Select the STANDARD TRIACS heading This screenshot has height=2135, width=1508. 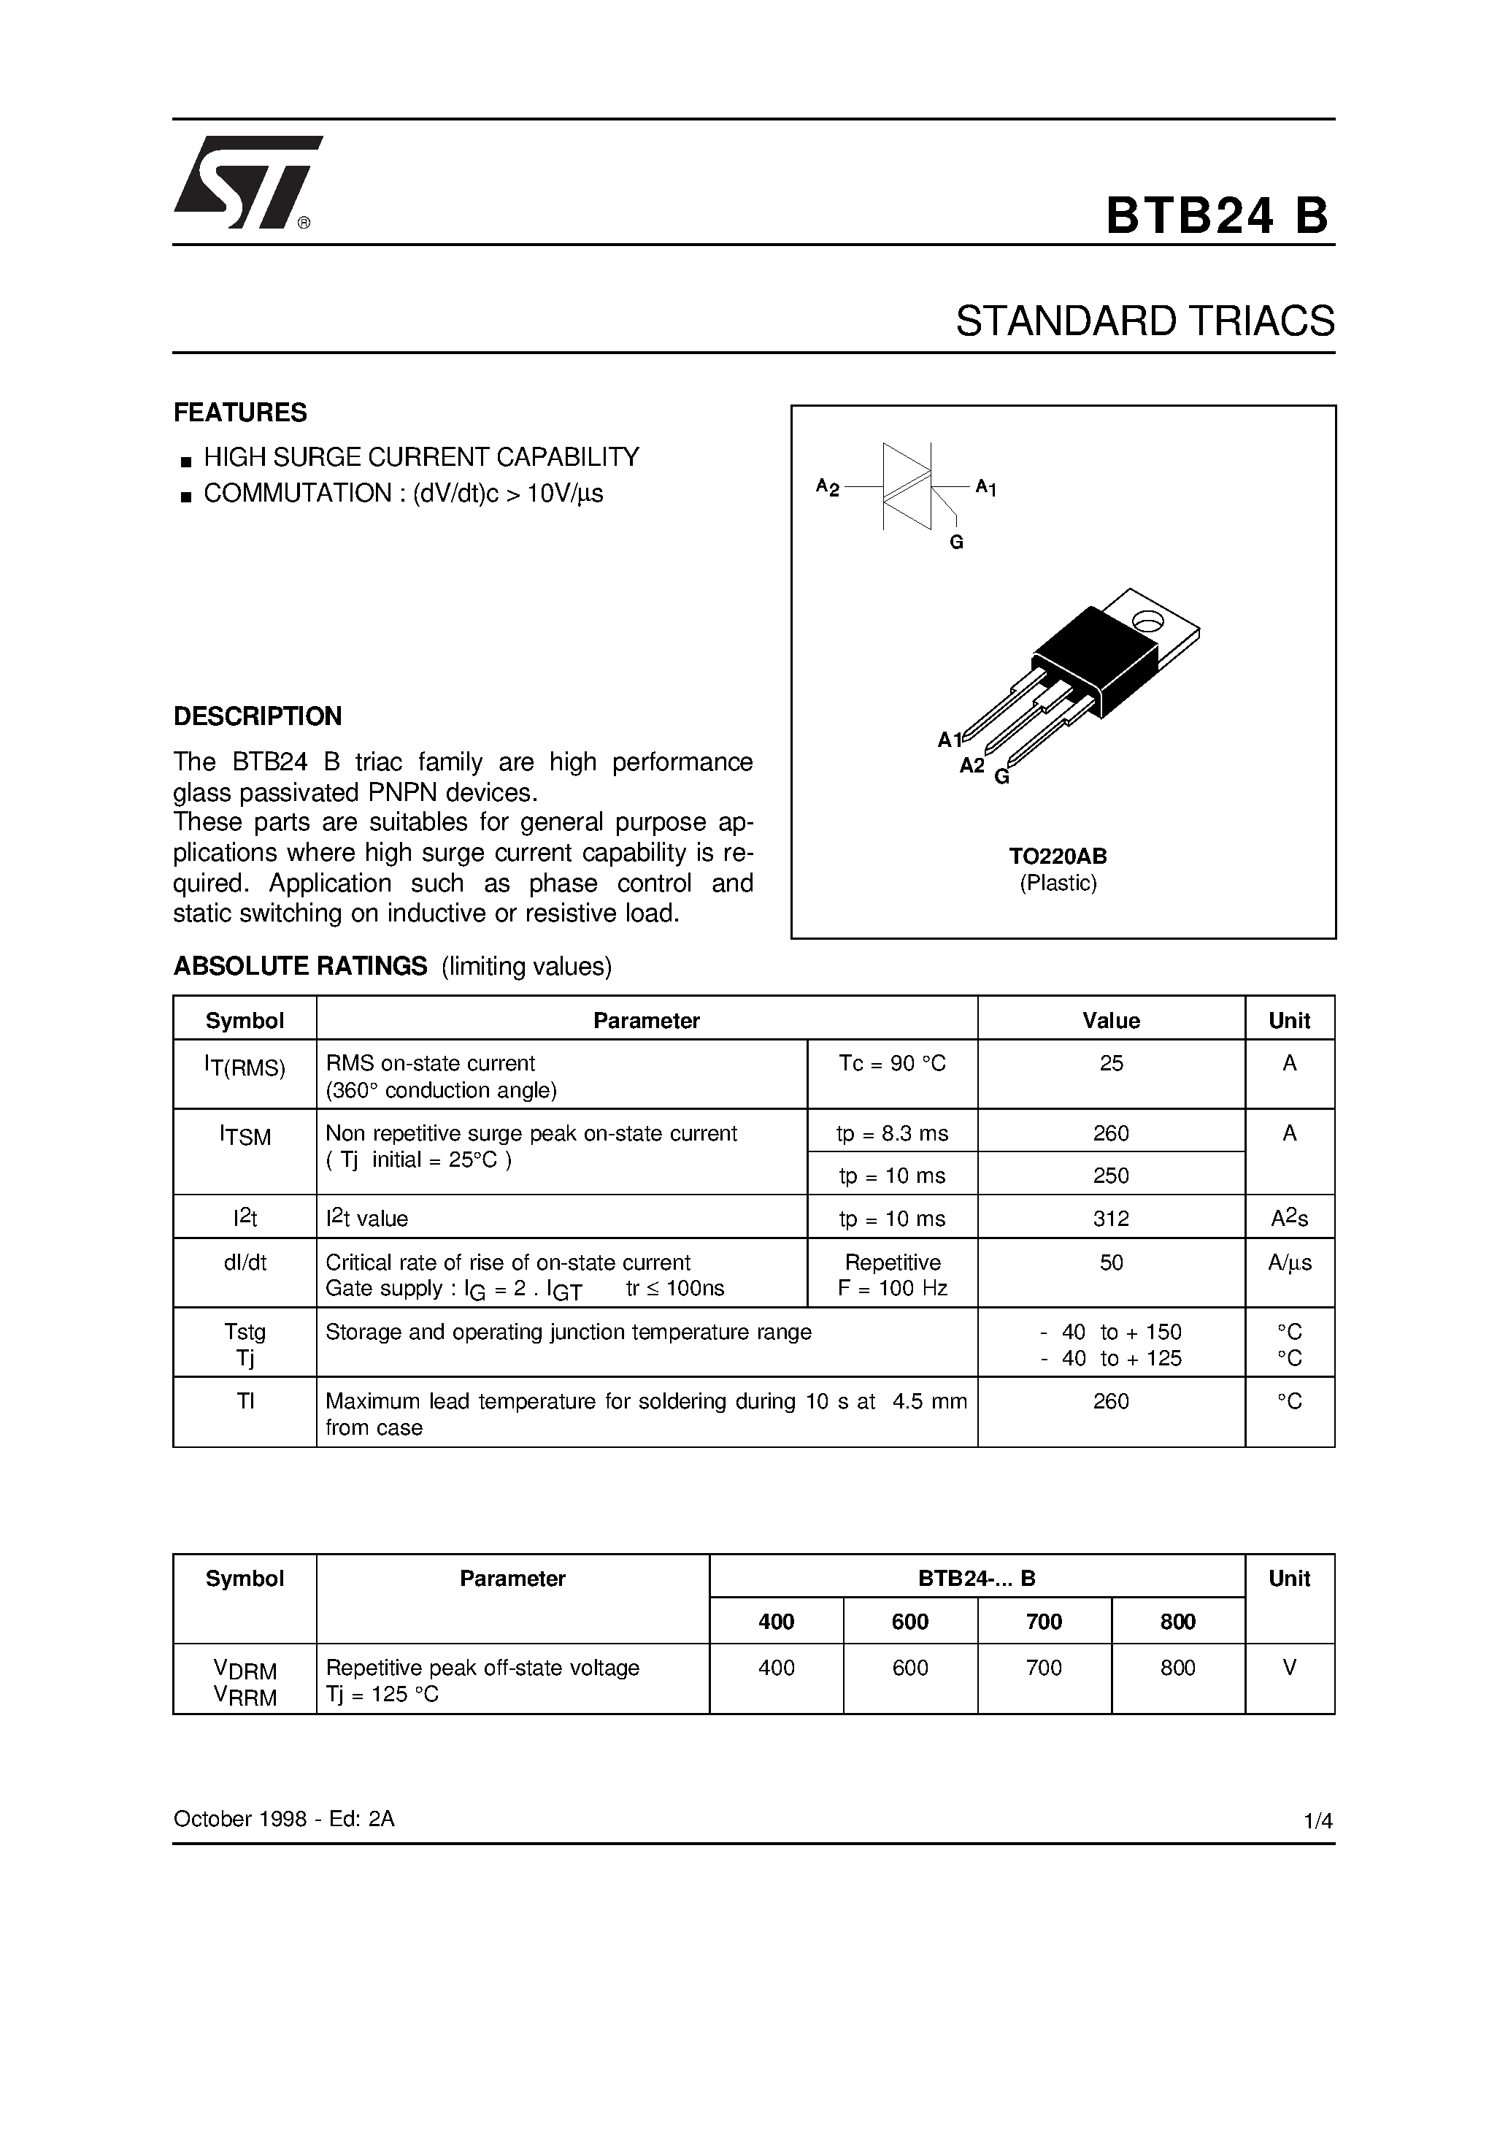coord(1145,321)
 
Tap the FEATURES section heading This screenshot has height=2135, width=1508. coord(240,412)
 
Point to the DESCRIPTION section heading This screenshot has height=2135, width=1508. coord(258,716)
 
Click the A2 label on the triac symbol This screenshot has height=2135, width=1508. coord(826,486)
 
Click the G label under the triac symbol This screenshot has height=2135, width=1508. coord(955,542)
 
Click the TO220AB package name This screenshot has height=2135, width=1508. coord(1058,856)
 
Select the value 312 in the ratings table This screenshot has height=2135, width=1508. coord(1111,1218)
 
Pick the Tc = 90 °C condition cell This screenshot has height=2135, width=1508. coord(892,1063)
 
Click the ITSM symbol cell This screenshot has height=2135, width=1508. coord(245,1135)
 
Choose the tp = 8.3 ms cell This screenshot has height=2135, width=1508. coord(892,1132)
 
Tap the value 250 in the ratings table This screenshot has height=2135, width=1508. coord(1111,1176)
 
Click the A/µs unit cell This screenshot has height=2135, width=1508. coord(1290,1262)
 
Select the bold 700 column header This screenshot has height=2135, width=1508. coord(1043,1622)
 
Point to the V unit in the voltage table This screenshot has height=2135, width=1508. coord(1290,1667)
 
